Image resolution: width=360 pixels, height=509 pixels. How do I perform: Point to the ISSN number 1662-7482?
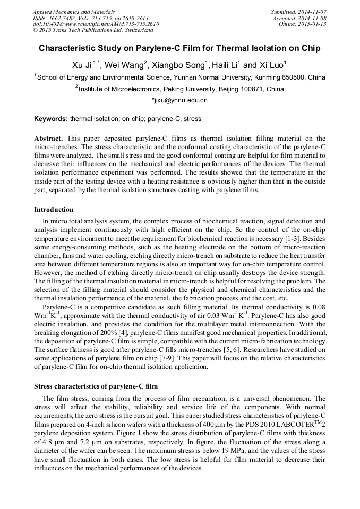(x=62, y=18)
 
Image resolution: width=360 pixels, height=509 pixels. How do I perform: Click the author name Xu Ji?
(x=81, y=65)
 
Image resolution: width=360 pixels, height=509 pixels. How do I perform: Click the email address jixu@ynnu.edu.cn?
(x=181, y=100)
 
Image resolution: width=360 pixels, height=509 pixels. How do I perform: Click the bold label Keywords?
(x=51, y=119)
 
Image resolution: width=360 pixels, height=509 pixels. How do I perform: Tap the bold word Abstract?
(x=48, y=138)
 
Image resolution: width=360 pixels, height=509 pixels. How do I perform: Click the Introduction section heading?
(x=54, y=210)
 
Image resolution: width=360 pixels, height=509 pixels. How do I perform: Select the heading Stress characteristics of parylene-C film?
(x=96, y=386)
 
